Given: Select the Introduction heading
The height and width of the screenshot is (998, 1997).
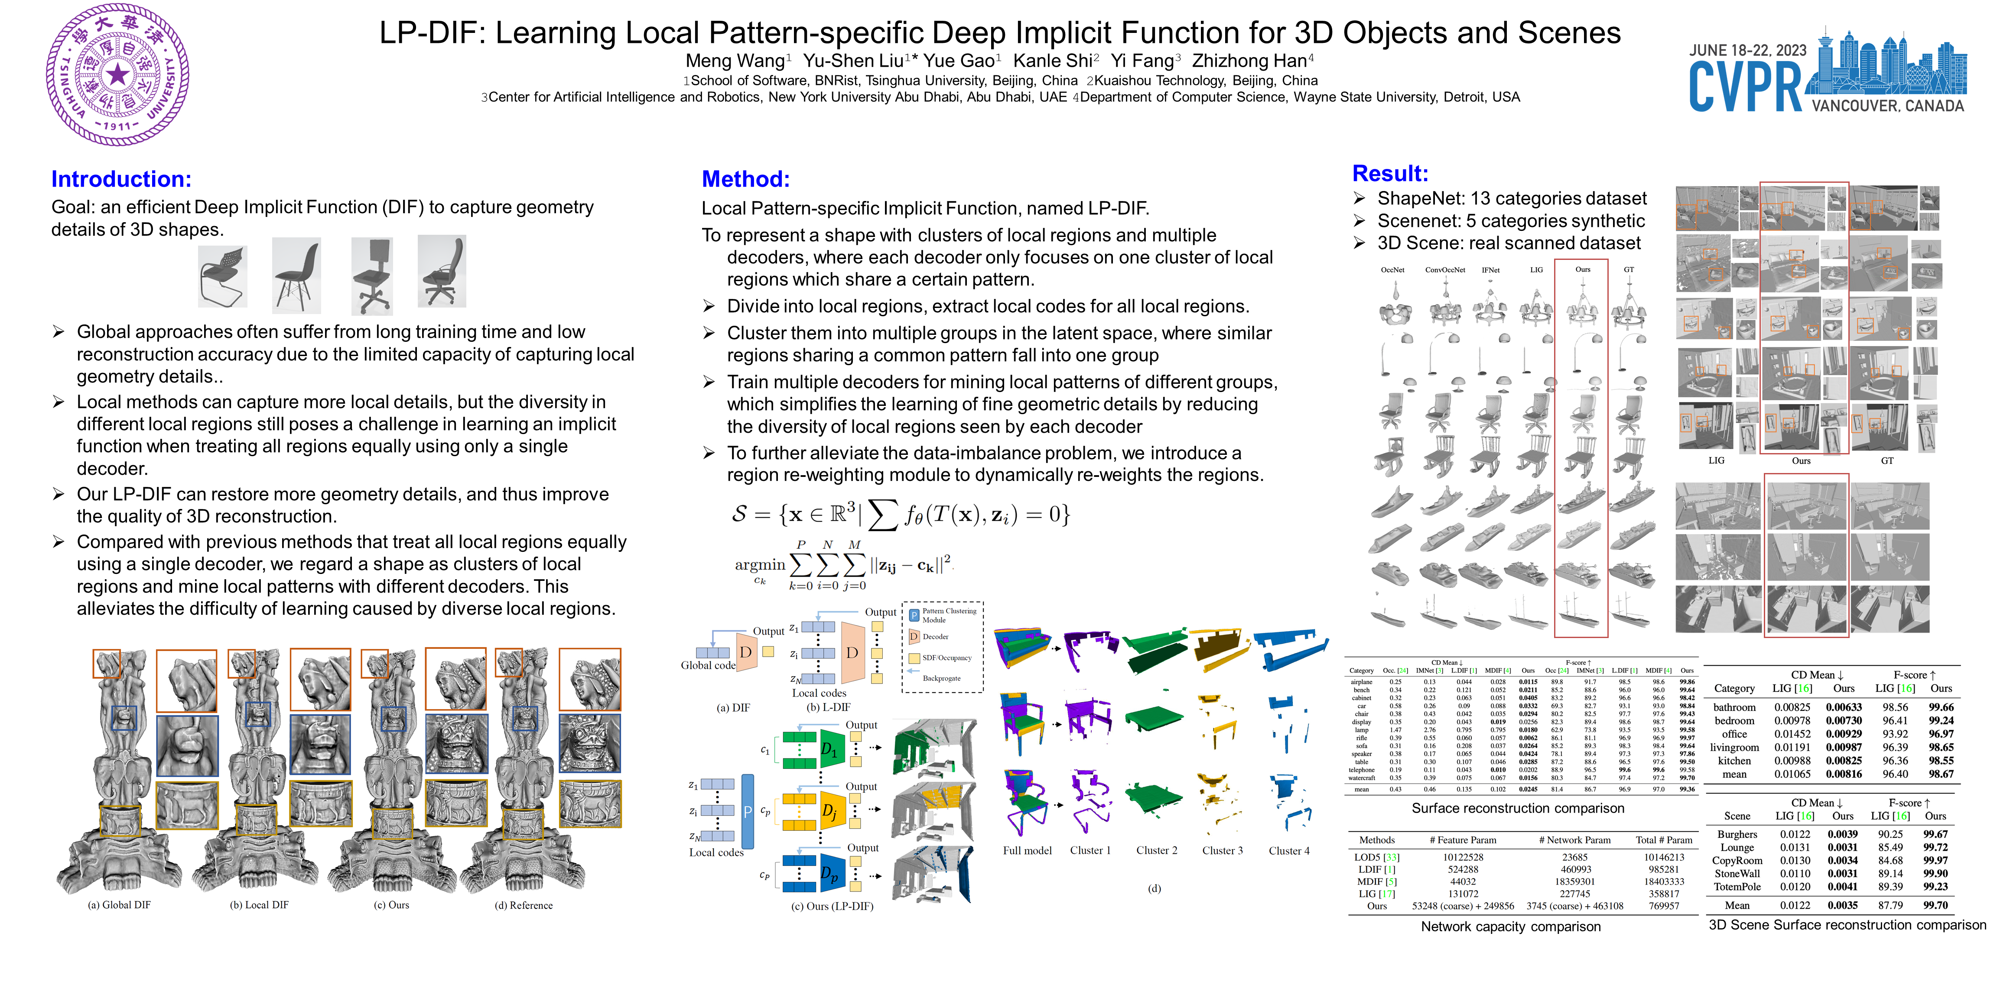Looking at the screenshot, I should (x=121, y=179).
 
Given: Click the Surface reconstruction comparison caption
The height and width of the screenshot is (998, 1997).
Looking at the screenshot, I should (x=1517, y=808).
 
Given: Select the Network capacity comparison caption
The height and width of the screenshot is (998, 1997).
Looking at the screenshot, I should (x=1510, y=927).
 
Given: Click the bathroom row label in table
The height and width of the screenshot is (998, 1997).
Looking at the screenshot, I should (x=1734, y=707).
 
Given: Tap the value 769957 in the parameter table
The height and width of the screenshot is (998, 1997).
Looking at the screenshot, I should (x=1664, y=906).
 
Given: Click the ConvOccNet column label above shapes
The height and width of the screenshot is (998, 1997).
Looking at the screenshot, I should (x=1445, y=270).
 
